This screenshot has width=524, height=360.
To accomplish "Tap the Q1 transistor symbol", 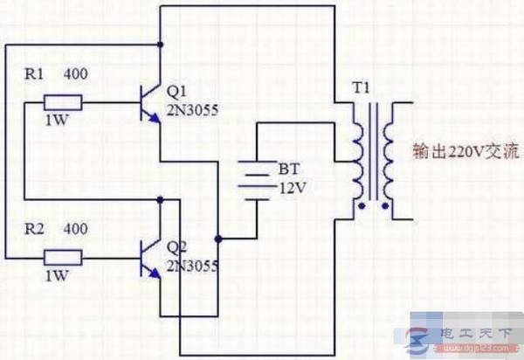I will tap(150, 103).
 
